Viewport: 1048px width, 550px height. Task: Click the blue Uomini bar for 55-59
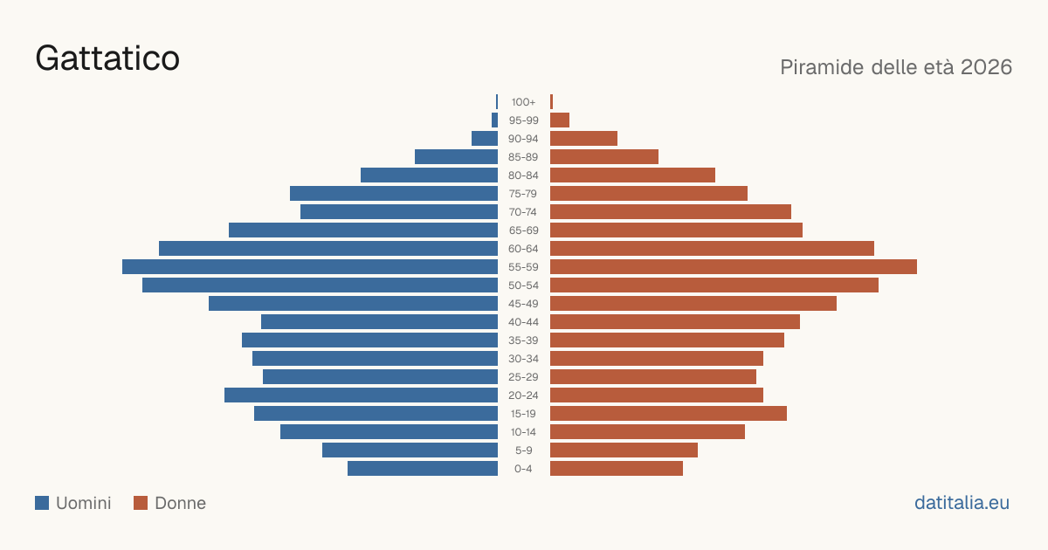(310, 266)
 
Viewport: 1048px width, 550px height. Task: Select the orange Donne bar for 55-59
(734, 266)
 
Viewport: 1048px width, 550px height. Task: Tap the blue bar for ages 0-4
(423, 469)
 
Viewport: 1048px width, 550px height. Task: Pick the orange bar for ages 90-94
(584, 139)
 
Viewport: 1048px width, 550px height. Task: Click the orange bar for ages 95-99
(560, 120)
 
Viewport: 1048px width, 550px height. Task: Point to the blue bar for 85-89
(456, 156)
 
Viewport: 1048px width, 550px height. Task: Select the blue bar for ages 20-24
(362, 395)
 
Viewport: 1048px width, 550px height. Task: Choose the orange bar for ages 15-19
(669, 414)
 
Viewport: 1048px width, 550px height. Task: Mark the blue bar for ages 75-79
(394, 194)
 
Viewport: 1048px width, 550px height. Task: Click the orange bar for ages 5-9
(624, 450)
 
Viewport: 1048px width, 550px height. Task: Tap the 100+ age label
(523, 102)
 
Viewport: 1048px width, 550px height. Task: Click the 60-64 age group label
(523, 249)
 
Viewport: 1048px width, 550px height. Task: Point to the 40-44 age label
(523, 322)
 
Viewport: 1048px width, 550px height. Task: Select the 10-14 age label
(523, 432)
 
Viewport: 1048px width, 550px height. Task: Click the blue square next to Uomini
(42, 503)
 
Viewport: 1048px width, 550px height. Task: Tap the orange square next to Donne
(141, 503)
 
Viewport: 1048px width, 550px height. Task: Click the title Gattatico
(107, 58)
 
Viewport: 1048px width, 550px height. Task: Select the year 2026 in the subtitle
(986, 67)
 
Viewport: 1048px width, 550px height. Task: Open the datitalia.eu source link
(962, 503)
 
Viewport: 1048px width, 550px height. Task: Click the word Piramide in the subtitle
(822, 67)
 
